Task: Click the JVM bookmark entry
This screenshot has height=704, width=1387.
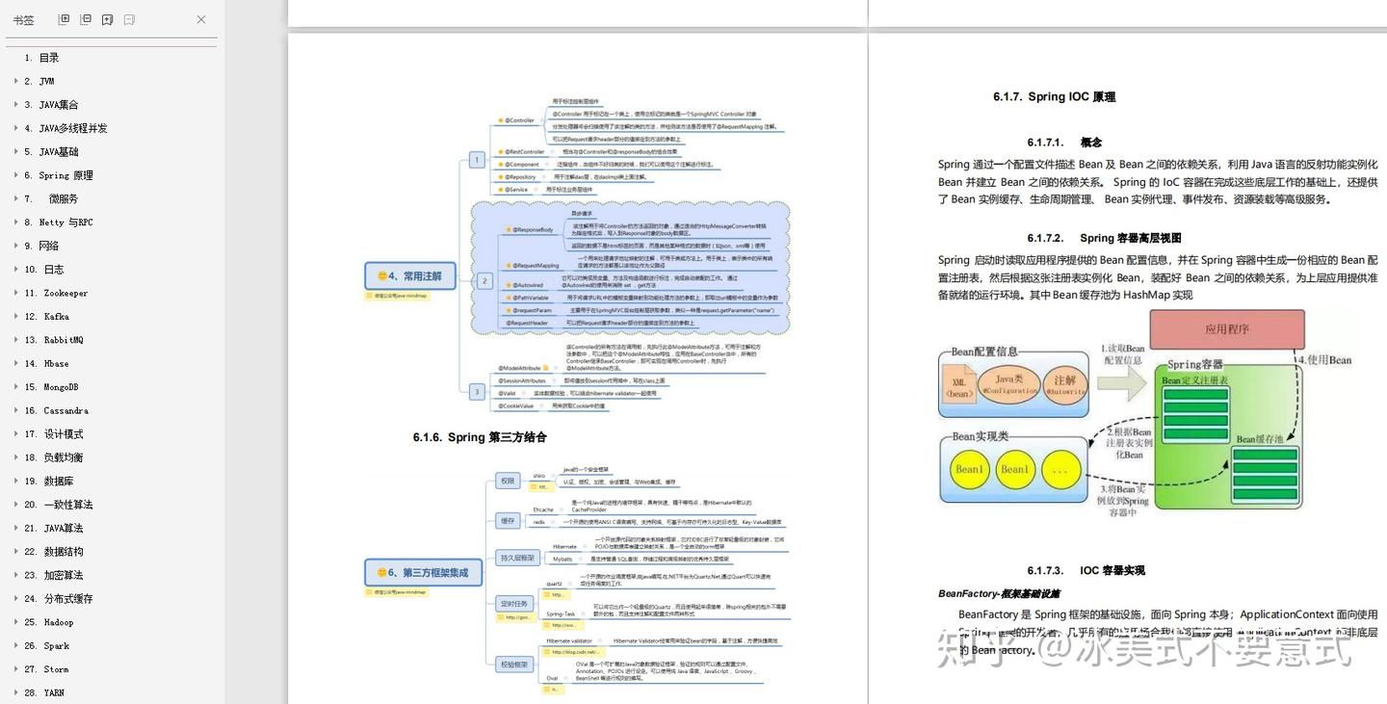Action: click(x=45, y=82)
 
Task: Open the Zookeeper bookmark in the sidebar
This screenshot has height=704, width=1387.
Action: click(x=65, y=293)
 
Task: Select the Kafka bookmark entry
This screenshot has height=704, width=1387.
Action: click(x=56, y=317)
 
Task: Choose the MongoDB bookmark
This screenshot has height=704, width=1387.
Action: click(x=60, y=387)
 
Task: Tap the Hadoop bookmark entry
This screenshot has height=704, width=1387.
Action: click(x=58, y=622)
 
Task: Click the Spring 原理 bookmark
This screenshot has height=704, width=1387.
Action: click(x=65, y=175)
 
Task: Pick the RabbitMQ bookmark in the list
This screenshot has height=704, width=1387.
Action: click(x=63, y=340)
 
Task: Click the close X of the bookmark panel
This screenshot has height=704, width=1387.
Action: click(x=201, y=19)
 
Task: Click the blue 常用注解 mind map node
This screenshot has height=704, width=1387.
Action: click(x=409, y=276)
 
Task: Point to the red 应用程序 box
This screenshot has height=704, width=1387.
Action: click(x=1226, y=329)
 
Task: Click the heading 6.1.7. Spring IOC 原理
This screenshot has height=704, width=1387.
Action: click(x=1054, y=97)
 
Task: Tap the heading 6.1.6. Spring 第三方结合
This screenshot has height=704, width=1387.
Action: click(x=480, y=437)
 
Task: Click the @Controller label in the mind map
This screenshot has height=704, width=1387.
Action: click(x=518, y=120)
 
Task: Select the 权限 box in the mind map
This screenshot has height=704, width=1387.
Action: click(x=507, y=481)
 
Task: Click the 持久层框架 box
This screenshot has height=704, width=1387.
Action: click(x=516, y=558)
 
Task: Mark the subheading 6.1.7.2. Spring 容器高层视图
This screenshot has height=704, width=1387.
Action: click(x=1104, y=239)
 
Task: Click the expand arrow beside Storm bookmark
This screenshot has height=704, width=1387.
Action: click(x=15, y=669)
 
